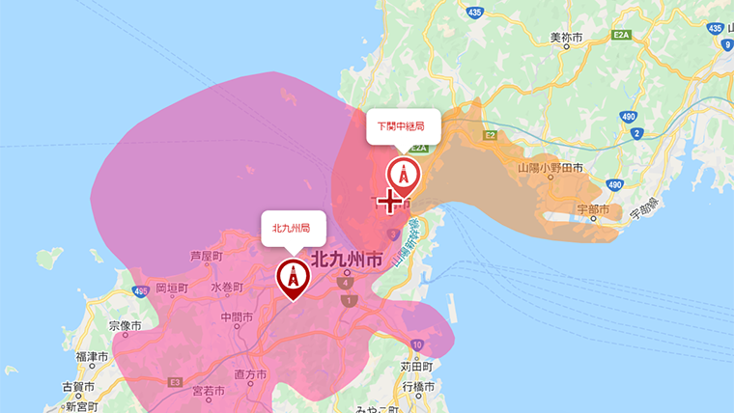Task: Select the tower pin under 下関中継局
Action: (x=404, y=175)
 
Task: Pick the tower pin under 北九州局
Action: (x=292, y=276)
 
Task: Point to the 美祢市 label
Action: (x=566, y=38)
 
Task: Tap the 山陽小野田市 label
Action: (x=550, y=168)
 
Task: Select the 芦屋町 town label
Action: (x=207, y=257)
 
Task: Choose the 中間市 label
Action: (x=237, y=317)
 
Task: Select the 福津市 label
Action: (x=91, y=357)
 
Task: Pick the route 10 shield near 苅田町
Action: (x=416, y=344)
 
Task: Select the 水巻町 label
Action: (x=228, y=287)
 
